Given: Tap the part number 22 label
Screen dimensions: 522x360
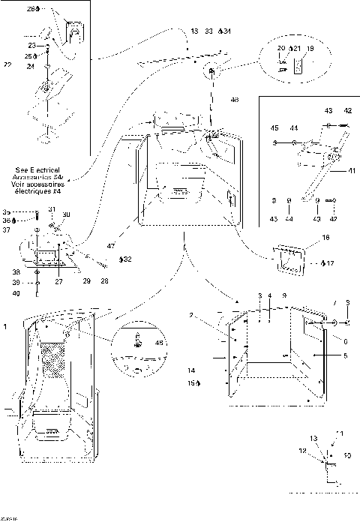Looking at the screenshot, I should tap(7, 64).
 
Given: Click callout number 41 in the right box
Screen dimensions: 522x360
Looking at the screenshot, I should tap(351, 170).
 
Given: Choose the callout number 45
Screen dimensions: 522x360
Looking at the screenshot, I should tap(274, 128).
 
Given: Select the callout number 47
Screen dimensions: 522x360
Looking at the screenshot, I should tap(110, 246).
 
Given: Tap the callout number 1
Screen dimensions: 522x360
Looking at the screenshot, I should tap(6, 326).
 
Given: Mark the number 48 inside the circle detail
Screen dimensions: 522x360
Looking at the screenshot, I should tap(157, 341).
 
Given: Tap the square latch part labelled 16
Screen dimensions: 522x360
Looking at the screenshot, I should tap(287, 259).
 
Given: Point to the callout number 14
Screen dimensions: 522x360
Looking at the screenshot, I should tap(192, 370).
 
